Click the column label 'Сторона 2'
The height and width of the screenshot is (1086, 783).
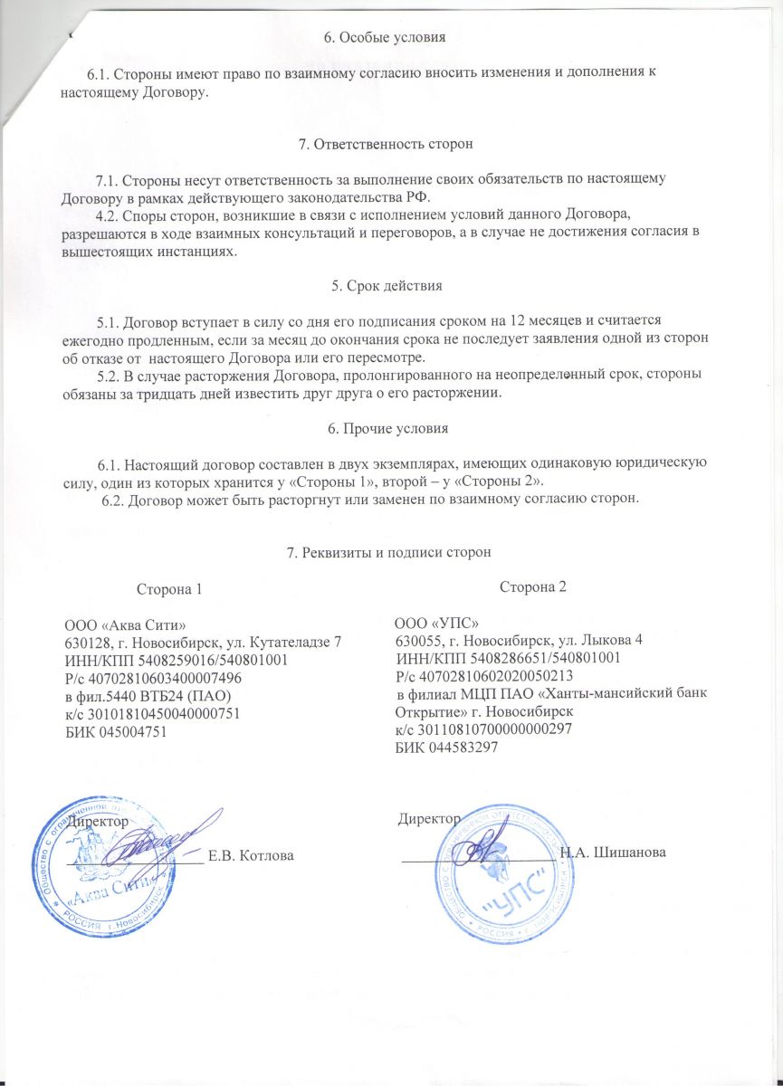532,586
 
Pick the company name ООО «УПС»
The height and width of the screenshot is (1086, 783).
436,624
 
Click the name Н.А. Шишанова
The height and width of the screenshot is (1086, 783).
614,853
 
